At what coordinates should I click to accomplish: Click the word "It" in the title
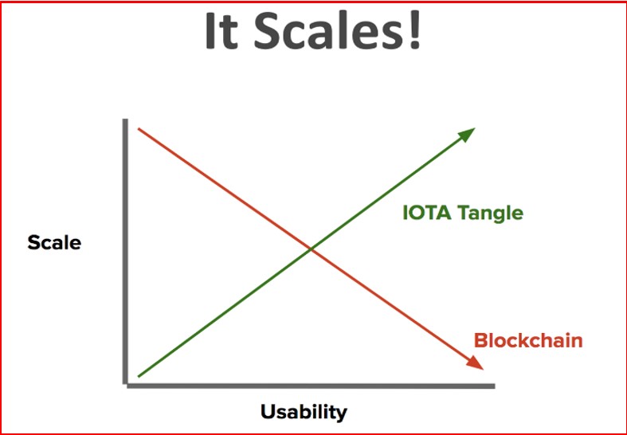click(x=222, y=31)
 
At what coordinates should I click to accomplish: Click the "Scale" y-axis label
click(x=54, y=243)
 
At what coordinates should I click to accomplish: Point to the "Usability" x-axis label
click(x=304, y=412)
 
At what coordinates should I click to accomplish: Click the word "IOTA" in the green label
click(x=427, y=212)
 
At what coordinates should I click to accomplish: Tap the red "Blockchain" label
click(x=528, y=341)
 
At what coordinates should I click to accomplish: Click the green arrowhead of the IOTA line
click(x=464, y=135)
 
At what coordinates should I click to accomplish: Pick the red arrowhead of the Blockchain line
click(x=475, y=362)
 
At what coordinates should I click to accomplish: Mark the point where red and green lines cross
click(x=311, y=250)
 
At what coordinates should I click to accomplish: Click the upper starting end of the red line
click(x=139, y=129)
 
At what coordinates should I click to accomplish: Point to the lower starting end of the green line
click(x=139, y=376)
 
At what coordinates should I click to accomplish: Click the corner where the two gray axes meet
click(x=126, y=386)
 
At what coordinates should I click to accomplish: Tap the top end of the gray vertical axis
click(x=125, y=120)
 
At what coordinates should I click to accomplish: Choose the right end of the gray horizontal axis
click(x=494, y=386)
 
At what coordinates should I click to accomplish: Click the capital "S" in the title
click(x=266, y=31)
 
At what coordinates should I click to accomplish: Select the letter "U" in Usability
click(x=268, y=411)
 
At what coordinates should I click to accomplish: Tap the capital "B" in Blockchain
click(x=481, y=341)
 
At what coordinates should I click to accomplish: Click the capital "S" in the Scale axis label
click(x=33, y=243)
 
